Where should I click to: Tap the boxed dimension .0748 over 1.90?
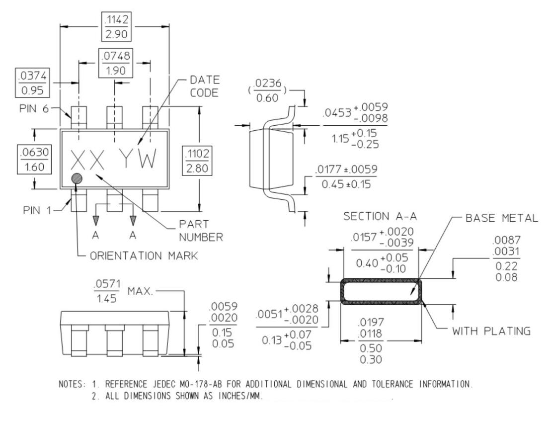point(115,62)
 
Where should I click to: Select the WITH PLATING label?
point(490,331)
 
